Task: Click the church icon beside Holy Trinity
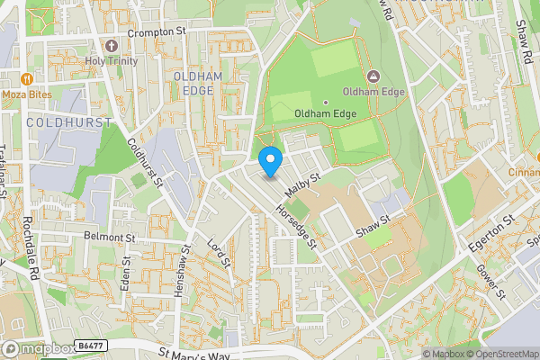click(112, 45)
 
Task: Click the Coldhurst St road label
click(144, 162)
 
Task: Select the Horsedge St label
click(297, 226)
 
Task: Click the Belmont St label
click(108, 238)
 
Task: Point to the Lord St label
click(220, 255)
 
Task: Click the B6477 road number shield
click(87, 345)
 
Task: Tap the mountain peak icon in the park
click(373, 75)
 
